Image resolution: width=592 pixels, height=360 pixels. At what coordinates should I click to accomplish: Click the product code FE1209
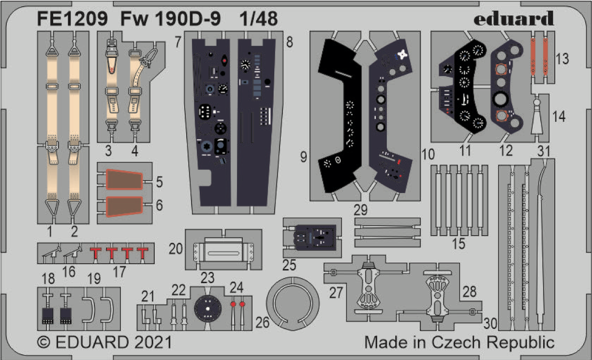(73, 19)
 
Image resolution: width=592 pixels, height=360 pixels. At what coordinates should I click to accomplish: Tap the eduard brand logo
(514, 18)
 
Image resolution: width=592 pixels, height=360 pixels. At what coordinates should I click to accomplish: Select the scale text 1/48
(258, 19)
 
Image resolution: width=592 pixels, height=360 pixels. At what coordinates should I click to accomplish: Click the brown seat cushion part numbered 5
(124, 180)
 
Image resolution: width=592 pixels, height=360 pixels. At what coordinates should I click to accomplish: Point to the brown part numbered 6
(124, 207)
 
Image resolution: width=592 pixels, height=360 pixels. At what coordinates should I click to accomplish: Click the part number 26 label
(263, 322)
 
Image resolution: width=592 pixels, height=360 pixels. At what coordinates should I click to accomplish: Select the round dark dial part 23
(207, 308)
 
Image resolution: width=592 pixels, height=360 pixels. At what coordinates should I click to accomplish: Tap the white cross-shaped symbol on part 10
(402, 55)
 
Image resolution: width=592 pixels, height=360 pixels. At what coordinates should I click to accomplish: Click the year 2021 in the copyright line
(153, 342)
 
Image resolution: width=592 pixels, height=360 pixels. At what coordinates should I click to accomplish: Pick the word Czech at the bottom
(456, 342)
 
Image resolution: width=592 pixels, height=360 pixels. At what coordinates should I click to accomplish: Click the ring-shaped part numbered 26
(293, 281)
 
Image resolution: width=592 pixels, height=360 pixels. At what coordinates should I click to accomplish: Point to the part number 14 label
(559, 116)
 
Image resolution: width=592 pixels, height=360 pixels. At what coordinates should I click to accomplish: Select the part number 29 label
(360, 210)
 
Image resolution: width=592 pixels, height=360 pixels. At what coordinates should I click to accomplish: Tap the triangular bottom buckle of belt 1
(52, 208)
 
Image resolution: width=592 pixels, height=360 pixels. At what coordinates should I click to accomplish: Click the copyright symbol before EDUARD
(44, 343)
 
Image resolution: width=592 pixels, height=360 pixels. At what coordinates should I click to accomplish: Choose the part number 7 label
(178, 42)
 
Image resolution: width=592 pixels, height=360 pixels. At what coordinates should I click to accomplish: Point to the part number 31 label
(544, 151)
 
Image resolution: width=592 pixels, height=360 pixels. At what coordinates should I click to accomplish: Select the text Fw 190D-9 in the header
(170, 19)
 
